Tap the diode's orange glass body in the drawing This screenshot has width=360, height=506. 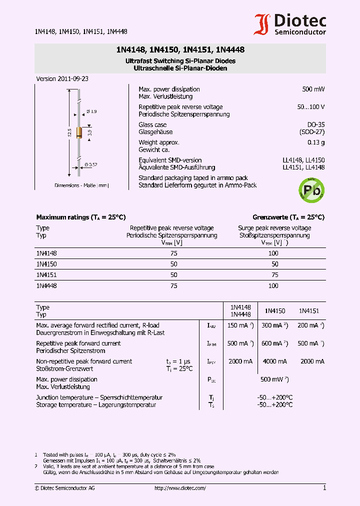pos(79,132)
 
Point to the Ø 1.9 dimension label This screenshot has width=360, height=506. pos(91,111)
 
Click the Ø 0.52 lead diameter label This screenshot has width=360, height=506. pos(90,164)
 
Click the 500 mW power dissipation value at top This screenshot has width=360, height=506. pos(313,89)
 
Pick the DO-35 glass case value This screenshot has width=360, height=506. pos(315,124)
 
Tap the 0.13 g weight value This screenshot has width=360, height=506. pos(316,142)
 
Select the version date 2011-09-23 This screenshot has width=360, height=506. pos(72,79)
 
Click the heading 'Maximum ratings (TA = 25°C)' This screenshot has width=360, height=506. pos(80,217)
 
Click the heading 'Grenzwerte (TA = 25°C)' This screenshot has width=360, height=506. pos(288,217)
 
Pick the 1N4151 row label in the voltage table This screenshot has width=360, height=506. pos(46,275)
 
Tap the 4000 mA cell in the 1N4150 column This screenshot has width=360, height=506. pos(274,361)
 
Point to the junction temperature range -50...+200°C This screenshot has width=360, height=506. pos(274,397)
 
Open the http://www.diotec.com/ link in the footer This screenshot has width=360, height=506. pos(180,488)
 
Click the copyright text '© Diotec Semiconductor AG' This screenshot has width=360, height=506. pos(64,488)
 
